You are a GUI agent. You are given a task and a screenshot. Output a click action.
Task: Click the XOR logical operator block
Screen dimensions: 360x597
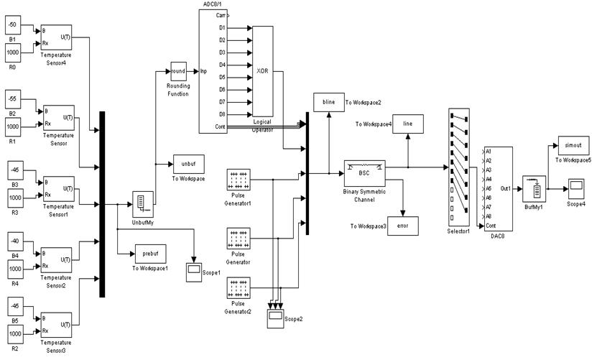pyautogui.click(x=263, y=72)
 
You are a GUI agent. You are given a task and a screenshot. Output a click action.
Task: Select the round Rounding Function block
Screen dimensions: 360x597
pyautogui.click(x=179, y=71)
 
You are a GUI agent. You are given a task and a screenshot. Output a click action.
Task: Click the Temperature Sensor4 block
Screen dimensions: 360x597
pyautogui.click(x=55, y=37)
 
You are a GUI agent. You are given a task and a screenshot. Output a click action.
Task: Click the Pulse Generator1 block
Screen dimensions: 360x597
pyautogui.click(x=238, y=180)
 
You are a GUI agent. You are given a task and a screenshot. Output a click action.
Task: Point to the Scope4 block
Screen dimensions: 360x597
pyautogui.click(x=576, y=190)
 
